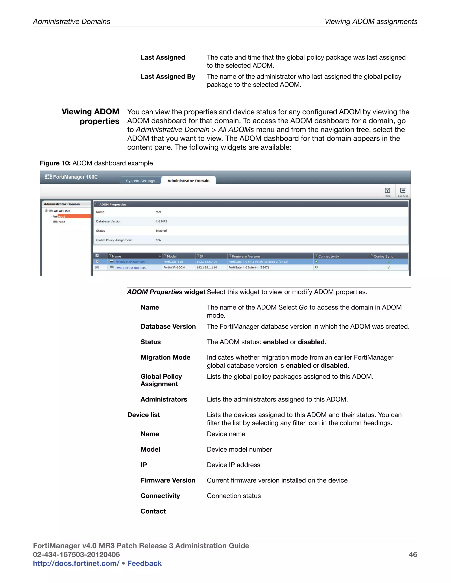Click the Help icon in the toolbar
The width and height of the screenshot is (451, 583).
coord(387,191)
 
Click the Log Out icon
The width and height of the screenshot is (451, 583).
coord(403,191)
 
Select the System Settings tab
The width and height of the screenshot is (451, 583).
coord(140,181)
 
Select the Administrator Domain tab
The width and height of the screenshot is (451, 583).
coord(188,181)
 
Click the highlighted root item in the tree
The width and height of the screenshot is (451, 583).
coord(61,216)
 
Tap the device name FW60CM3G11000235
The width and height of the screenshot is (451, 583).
coord(130,268)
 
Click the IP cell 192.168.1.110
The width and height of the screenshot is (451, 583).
coord(207,268)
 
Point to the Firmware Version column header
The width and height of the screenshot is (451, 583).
coord(246,256)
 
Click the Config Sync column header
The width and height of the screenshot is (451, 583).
coord(383,256)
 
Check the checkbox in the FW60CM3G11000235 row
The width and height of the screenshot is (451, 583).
coord(97,268)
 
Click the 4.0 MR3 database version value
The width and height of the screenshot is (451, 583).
coord(161,221)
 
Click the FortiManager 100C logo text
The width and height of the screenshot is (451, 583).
coord(75,177)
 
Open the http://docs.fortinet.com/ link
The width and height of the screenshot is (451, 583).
coord(76,563)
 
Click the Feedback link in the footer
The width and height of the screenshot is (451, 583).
coord(144,563)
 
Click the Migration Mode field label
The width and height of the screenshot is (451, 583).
coord(165,357)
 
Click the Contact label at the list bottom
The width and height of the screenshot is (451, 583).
coord(153,511)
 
